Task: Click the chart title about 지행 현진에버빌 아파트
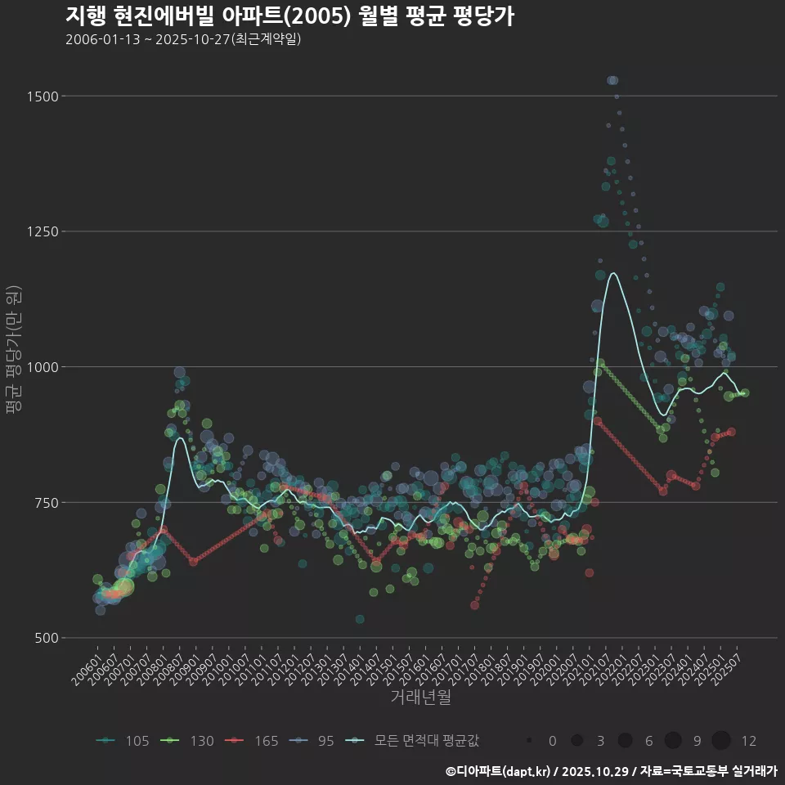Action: coord(289,16)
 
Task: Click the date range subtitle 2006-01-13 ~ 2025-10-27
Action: coord(183,39)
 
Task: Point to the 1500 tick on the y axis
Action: coord(42,96)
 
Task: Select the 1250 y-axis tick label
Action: coord(42,231)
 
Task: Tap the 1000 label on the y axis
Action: coord(42,367)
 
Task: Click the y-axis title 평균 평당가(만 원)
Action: coord(13,352)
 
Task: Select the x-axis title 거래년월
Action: coord(420,697)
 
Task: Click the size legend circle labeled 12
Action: coord(720,741)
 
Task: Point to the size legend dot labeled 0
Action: coord(530,741)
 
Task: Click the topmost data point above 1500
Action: coord(612,80)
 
